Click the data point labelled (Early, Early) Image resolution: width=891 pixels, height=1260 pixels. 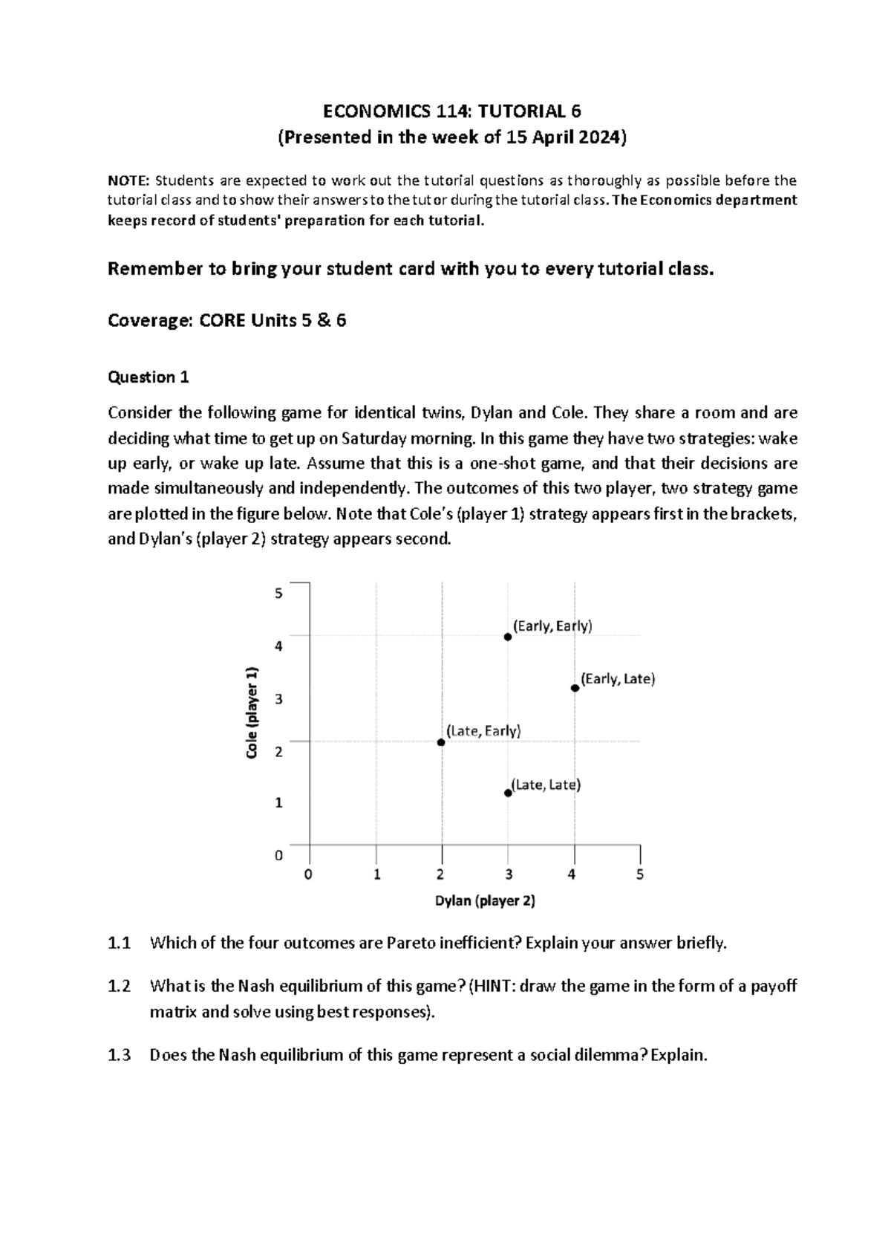pos(508,637)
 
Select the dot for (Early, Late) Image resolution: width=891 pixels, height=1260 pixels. pos(575,688)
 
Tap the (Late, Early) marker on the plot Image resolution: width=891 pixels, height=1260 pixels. pos(441,742)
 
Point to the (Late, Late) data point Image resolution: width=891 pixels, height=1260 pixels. pos(508,793)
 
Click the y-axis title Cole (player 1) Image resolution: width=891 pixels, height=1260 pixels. pos(253,712)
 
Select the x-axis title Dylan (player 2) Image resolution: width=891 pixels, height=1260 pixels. pos(485,900)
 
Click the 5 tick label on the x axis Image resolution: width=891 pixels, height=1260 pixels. pos(640,874)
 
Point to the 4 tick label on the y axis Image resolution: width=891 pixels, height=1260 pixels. pos(279,646)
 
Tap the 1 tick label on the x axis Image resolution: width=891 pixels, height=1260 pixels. pos(377,874)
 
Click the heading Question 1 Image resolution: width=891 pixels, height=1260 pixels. pos(148,377)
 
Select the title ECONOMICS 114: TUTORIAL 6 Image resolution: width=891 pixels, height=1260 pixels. pos(451,111)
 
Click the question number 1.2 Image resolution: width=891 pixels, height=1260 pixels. pos(119,987)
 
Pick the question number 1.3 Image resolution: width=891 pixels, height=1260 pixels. pos(119,1055)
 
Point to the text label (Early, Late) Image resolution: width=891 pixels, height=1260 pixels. pos(618,679)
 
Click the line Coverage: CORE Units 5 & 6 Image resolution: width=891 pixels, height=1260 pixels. pos(227,321)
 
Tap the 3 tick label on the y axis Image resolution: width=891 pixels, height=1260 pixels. pos(279,699)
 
